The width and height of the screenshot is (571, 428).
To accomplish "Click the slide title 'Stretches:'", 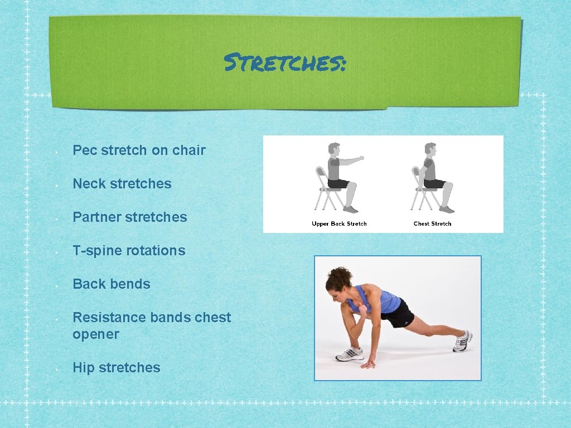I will [x=285, y=62].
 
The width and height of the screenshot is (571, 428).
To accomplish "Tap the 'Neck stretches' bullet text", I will [x=122, y=184].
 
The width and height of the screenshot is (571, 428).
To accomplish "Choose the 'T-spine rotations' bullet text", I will [x=129, y=251].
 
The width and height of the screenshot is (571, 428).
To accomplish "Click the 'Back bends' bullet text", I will [x=112, y=284].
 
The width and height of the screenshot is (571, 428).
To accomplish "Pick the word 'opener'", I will [x=96, y=334].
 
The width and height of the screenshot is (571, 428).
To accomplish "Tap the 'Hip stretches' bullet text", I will [x=117, y=368].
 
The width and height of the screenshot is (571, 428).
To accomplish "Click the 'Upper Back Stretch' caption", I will [x=339, y=224].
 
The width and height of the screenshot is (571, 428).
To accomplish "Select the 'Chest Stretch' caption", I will [x=432, y=224].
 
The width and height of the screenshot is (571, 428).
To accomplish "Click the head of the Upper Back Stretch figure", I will [x=333, y=149].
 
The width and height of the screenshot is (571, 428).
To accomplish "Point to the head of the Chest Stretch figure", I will [x=430, y=149].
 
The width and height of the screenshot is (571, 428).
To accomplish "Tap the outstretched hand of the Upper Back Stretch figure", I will [x=361, y=158].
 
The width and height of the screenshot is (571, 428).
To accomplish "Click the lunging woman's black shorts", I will [x=398, y=315].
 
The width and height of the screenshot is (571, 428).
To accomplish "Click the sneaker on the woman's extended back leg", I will [x=462, y=341].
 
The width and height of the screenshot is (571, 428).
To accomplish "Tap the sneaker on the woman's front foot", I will [x=349, y=354].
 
